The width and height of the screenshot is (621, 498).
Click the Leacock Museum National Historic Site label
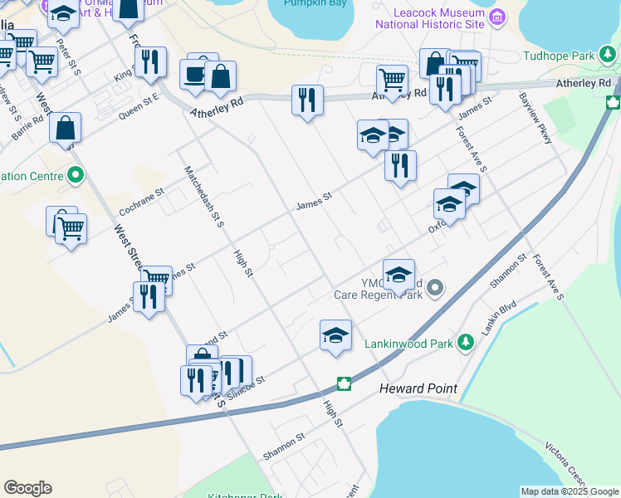(429, 19)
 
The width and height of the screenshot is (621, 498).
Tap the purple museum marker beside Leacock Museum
(497, 17)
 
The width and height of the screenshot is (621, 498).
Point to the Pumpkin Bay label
(314, 4)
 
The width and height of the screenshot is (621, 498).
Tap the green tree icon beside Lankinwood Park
(467, 341)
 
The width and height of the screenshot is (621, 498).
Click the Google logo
(27, 488)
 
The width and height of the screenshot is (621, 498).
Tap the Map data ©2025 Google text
(570, 491)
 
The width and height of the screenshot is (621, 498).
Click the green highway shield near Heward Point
(343, 383)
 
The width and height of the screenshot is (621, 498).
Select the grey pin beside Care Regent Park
(436, 288)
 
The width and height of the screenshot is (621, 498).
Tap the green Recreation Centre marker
(76, 176)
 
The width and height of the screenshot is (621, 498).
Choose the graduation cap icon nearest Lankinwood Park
(335, 335)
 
